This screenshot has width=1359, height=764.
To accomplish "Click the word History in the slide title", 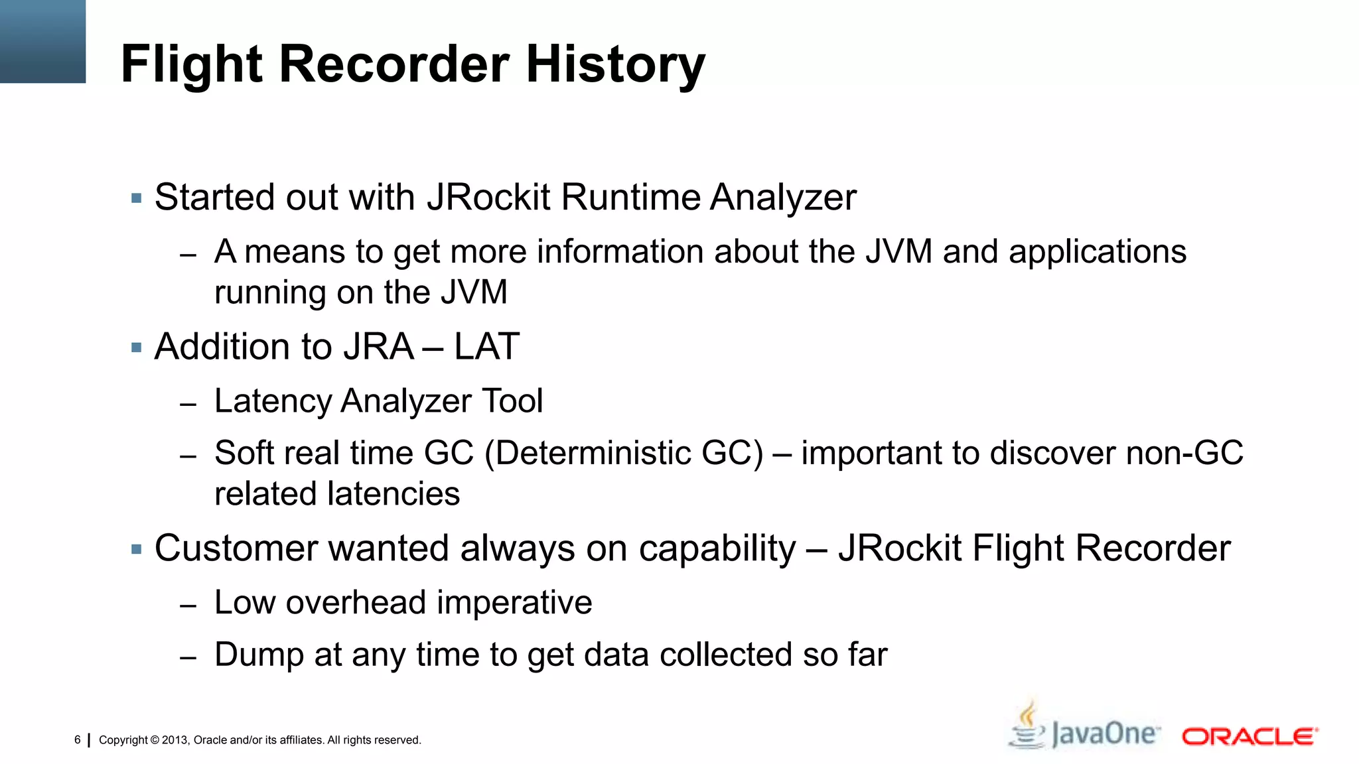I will (x=615, y=64).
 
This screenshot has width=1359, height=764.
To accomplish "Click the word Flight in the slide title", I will (x=192, y=64).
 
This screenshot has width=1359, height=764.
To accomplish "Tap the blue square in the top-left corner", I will (x=42, y=41).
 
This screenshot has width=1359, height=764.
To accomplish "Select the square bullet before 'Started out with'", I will (x=137, y=198).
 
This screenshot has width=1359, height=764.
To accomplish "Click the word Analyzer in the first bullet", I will (x=783, y=198).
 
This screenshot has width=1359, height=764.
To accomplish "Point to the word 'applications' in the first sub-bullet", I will (x=1097, y=253).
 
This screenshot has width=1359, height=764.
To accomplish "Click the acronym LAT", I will (x=486, y=347).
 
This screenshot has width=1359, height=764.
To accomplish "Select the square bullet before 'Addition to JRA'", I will (x=137, y=348).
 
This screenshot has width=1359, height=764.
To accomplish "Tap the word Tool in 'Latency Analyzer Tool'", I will (x=512, y=401).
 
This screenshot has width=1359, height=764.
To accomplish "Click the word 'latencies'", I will (x=395, y=494).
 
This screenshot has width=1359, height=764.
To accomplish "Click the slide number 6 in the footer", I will (x=78, y=739).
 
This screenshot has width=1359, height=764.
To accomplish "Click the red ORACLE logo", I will (x=1250, y=737).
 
